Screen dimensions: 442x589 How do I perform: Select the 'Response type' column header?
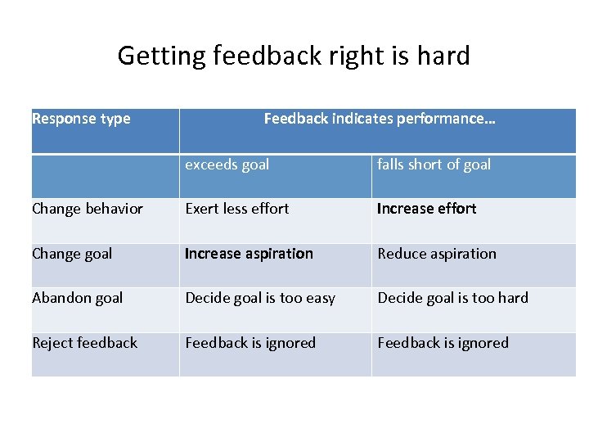pos(81,119)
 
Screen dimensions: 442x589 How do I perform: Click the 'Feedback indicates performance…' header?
pos(380,119)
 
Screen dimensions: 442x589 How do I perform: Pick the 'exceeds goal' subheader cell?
pos(227,165)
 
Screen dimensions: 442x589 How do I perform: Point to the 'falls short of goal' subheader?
pos(434,165)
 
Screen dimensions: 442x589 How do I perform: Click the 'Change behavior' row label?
pos(88,209)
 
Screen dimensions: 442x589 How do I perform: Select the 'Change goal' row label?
pos(72,254)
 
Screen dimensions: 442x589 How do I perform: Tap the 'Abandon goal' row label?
pos(78,298)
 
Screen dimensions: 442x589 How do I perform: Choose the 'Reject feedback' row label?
pos(84,343)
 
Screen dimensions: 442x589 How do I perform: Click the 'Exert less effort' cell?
pos(237,209)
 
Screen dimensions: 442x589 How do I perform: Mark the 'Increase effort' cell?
pos(426,209)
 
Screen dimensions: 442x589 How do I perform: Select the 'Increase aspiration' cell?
pos(249,254)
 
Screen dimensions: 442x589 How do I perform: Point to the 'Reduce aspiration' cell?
pos(437,254)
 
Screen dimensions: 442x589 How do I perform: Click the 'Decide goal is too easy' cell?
pos(260,298)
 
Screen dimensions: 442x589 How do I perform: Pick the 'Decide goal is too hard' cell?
pos(452,298)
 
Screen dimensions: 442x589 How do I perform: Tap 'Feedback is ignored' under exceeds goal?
pos(250,343)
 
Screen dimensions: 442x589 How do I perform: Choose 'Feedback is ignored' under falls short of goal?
pos(443,343)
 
